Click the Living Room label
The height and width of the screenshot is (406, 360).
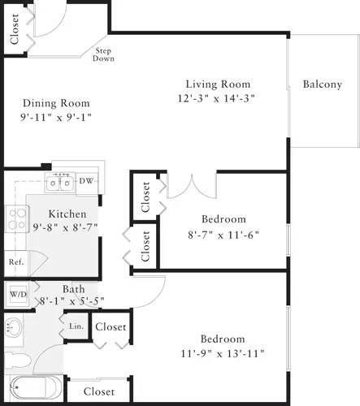click(217, 84)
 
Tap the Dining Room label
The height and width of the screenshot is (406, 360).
click(56, 103)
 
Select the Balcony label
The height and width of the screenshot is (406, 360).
click(322, 84)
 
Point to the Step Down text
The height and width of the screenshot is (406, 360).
click(103, 54)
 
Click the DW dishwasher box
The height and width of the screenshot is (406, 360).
click(85, 180)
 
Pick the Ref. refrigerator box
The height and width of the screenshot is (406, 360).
click(15, 261)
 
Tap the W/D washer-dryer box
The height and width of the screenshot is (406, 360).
click(17, 293)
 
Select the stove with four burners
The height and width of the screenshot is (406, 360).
click(15, 218)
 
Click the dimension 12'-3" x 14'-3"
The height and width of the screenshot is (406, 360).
click(217, 98)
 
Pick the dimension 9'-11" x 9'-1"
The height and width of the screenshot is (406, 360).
click(56, 117)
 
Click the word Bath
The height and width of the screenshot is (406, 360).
click(73, 288)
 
